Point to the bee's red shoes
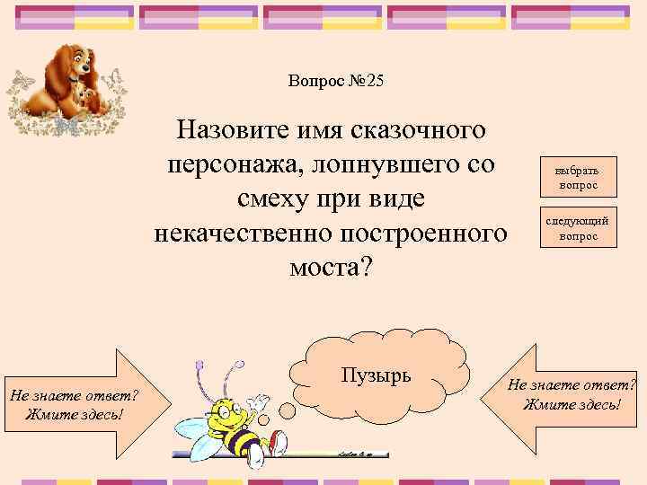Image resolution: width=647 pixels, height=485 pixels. (x=279, y=441)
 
